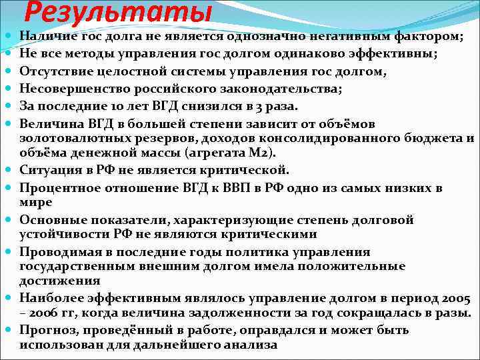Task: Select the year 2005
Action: pyautogui.click(x=455, y=298)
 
